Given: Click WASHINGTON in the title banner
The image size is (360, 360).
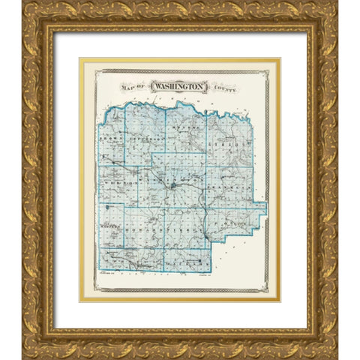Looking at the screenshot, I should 180,87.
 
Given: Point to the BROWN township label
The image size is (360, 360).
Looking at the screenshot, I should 110,139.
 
